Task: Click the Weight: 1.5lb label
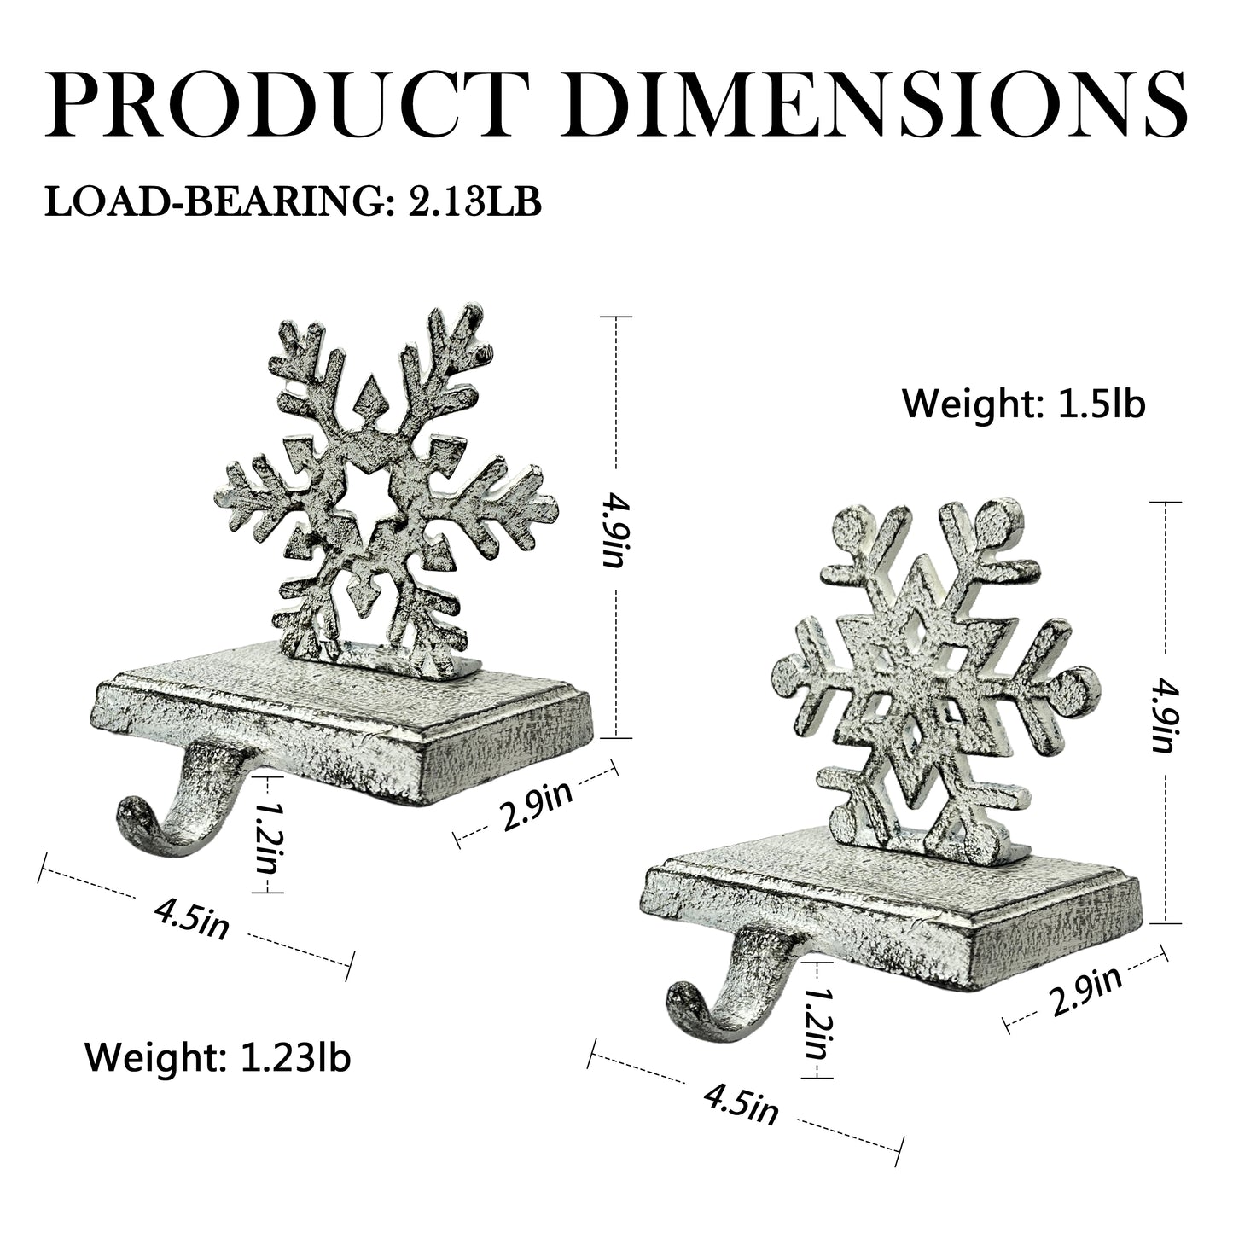click(x=1024, y=404)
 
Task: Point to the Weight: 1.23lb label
click(x=218, y=1058)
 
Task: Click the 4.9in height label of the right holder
click(x=1164, y=715)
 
